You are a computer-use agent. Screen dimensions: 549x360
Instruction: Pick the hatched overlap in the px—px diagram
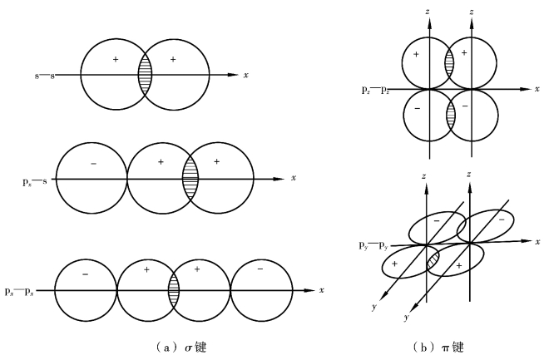[x=174, y=289]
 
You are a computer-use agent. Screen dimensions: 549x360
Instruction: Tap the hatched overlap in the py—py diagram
[x=433, y=259]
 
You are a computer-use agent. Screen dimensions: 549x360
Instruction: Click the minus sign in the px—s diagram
[x=93, y=164]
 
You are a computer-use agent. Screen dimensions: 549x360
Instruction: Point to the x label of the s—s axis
[x=245, y=75]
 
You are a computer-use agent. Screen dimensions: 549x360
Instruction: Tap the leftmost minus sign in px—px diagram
[x=85, y=273]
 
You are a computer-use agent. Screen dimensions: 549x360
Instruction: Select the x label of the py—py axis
[x=537, y=242]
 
